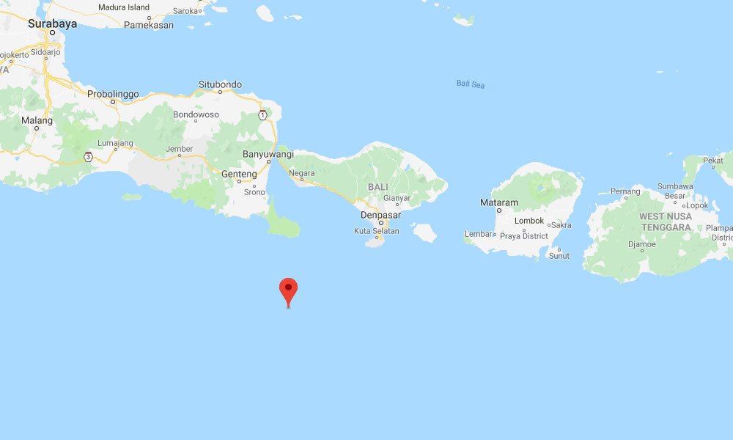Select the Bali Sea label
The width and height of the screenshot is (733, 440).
(x=470, y=84)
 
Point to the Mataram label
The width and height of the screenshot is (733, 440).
(x=498, y=202)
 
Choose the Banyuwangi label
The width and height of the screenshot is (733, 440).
(x=268, y=154)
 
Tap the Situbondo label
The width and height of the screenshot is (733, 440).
(x=220, y=85)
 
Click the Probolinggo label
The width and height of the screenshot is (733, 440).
(x=113, y=94)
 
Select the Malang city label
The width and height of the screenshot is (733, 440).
(x=37, y=120)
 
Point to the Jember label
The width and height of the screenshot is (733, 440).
(x=180, y=149)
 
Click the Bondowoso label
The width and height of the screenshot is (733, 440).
(x=196, y=115)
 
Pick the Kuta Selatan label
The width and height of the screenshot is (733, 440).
(x=377, y=231)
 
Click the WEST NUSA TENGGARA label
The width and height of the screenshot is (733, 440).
(x=665, y=221)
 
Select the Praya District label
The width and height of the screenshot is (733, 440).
(x=523, y=236)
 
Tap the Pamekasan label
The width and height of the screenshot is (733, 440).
(x=149, y=25)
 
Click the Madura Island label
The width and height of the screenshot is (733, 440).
(x=123, y=7)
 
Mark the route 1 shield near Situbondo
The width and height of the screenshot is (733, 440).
(x=262, y=114)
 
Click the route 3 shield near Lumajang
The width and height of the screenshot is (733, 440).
(x=88, y=156)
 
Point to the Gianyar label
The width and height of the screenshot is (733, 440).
(x=397, y=199)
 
